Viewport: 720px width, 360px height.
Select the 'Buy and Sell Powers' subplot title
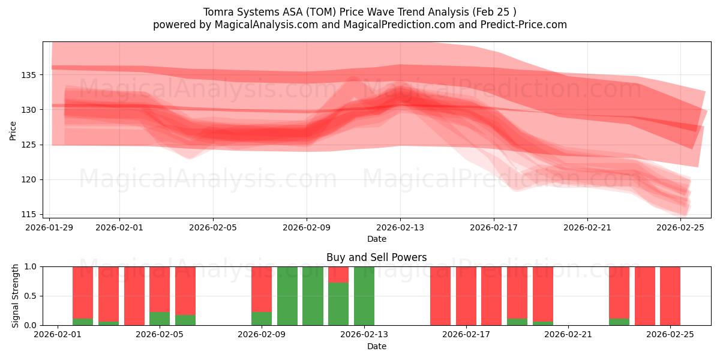click(376, 257)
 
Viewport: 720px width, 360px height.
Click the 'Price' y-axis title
click(13, 130)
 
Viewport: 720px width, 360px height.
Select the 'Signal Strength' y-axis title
click(16, 296)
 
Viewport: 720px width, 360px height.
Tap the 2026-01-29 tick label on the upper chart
click(50, 227)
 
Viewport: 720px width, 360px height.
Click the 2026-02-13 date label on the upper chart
click(400, 227)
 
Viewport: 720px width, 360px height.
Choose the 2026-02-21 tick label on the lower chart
click(568, 335)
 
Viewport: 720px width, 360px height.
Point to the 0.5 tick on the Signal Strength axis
click(31, 296)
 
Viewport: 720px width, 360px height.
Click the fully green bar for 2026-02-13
click(364, 296)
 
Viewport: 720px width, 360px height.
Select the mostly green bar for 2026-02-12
click(338, 304)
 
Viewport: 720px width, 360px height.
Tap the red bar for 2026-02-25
click(670, 296)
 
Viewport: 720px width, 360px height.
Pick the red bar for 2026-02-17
click(466, 296)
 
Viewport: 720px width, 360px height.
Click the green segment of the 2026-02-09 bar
click(262, 319)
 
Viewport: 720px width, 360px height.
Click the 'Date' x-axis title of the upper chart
click(376, 239)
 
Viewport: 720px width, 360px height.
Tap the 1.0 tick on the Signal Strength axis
click(31, 266)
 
